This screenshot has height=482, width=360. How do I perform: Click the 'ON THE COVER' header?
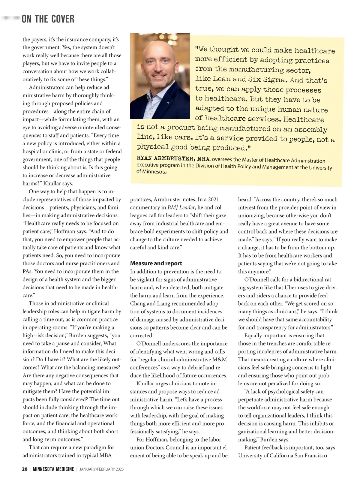click(x=48, y=19)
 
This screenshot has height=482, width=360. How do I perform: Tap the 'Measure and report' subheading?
click(x=156, y=263)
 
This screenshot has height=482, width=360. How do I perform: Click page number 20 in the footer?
click(x=25, y=469)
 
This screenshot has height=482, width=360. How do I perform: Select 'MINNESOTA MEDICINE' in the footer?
click(x=53, y=469)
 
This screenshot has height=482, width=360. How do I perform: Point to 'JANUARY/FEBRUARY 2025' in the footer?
click(x=102, y=469)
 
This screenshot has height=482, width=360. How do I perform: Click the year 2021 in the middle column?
click(x=213, y=199)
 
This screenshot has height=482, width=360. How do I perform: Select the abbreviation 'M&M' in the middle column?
click(x=220, y=359)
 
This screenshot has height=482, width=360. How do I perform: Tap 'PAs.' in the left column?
click(x=28, y=271)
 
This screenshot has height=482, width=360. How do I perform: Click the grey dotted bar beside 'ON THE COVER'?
click(x=10, y=19)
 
